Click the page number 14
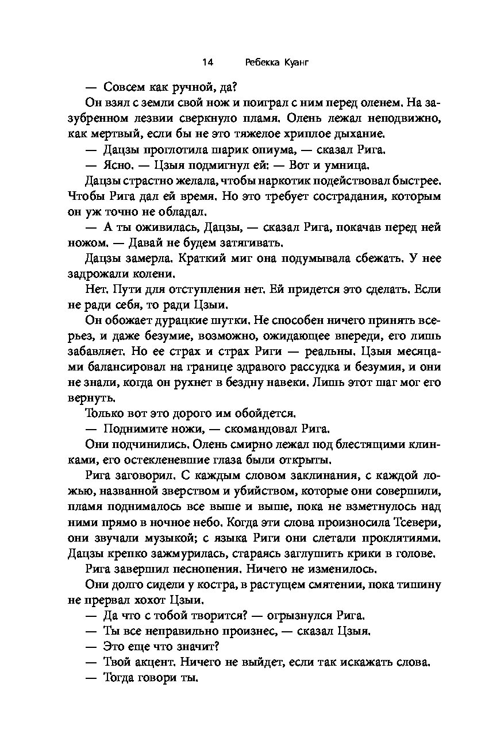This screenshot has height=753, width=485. [208, 63]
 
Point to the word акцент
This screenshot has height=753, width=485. [150, 663]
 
